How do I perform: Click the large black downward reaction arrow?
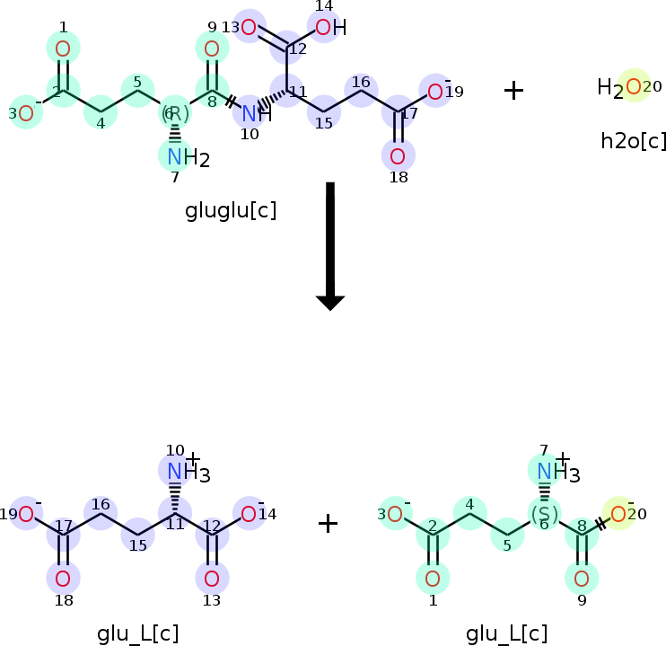(330, 243)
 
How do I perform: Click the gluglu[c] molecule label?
(231, 211)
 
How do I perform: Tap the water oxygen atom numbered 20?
(634, 86)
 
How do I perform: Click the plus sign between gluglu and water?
(513, 90)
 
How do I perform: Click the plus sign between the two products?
(329, 523)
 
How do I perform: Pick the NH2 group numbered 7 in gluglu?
(177, 157)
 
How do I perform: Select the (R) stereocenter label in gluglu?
(174, 113)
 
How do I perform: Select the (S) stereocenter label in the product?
(544, 514)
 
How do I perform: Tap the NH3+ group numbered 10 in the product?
(176, 471)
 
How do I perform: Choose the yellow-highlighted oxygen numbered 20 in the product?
(618, 514)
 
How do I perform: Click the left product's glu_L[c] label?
(138, 633)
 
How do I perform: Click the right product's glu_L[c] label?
(507, 633)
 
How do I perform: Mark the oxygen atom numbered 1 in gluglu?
(63, 49)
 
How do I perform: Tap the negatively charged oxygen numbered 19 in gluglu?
(435, 91)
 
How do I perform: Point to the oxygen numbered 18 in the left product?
(63, 578)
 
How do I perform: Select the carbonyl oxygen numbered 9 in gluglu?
(212, 49)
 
